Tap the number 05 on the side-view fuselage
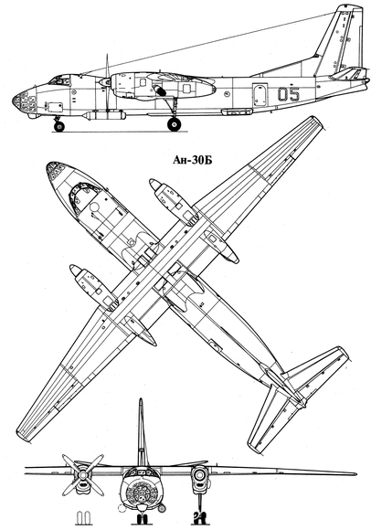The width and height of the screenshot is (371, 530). [289, 94]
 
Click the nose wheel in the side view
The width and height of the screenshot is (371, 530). [59, 127]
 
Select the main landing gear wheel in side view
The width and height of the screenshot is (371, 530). [174, 124]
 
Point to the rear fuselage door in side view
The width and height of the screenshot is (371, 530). [260, 96]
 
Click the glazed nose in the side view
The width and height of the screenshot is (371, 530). [25, 102]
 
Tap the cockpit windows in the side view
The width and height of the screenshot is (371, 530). [58, 80]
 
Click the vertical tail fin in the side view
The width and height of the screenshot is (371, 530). [340, 40]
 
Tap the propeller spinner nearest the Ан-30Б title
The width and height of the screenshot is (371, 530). [154, 185]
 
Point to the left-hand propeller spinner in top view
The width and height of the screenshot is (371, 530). [75, 270]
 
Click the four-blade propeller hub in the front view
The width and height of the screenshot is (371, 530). [82, 475]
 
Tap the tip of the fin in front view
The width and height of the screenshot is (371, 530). [141, 399]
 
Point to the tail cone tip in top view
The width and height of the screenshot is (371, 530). [303, 403]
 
